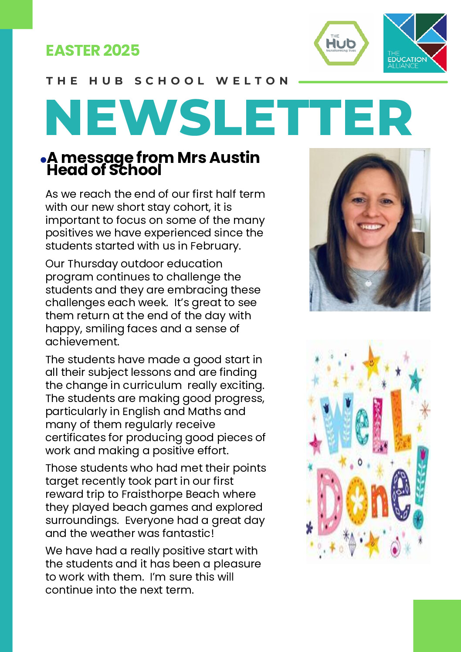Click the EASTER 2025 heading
(x=92, y=51)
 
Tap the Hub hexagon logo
(x=341, y=43)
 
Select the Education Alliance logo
(x=415, y=43)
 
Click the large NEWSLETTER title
(x=229, y=118)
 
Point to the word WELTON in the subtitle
(x=252, y=81)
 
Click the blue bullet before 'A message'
(x=43, y=160)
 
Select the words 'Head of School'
(x=104, y=170)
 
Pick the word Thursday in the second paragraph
(x=93, y=264)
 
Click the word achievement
(x=82, y=341)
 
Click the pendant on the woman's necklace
(x=368, y=283)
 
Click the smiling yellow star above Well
(x=371, y=361)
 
